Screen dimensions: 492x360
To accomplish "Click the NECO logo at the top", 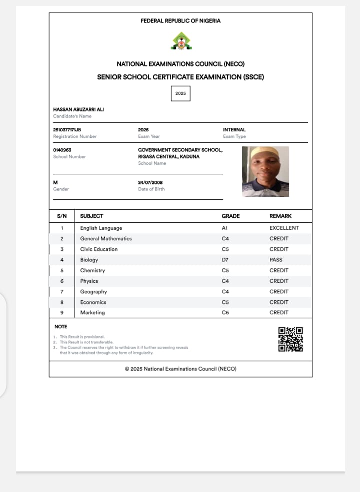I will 180,41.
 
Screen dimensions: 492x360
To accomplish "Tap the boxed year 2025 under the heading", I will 180,93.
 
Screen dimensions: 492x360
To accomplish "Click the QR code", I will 290,339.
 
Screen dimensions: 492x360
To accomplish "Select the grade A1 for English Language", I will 225,228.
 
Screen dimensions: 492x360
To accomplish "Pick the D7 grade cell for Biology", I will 225,260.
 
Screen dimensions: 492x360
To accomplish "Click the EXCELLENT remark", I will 284,228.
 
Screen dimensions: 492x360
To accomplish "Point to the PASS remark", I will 276,260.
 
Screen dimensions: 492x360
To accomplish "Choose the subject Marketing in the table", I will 92,313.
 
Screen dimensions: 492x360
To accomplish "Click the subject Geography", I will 93,292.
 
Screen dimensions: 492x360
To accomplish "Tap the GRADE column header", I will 230,216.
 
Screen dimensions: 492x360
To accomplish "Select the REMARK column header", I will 280,216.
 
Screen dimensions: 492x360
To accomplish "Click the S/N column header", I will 62,216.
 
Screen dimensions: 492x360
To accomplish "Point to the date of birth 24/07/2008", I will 150,183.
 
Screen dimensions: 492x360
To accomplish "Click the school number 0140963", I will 62,150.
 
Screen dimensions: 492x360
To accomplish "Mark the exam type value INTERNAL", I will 234,130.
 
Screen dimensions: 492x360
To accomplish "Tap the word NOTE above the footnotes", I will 60,327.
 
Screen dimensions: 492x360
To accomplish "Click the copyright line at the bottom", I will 180,369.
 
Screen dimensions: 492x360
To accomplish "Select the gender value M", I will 55,183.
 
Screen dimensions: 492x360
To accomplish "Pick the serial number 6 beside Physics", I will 62,281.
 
